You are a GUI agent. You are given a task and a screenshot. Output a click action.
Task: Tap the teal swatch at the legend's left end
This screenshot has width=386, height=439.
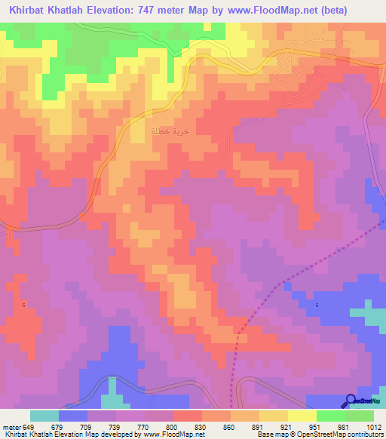point(44,416)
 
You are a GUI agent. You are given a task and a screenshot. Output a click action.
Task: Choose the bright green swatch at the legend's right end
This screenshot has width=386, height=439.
point(360,416)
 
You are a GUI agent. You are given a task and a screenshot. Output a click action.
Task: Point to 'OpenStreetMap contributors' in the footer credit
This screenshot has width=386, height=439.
point(336,434)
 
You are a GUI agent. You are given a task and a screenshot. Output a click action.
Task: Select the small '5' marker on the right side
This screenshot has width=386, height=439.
point(317,305)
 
